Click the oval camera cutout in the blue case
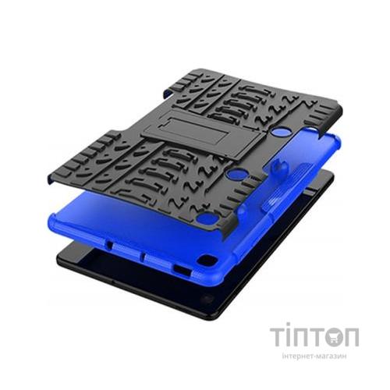[x=207, y=259]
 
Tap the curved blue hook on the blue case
[x=280, y=166]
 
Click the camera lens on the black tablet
[x=207, y=298]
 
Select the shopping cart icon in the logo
[x=333, y=338]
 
